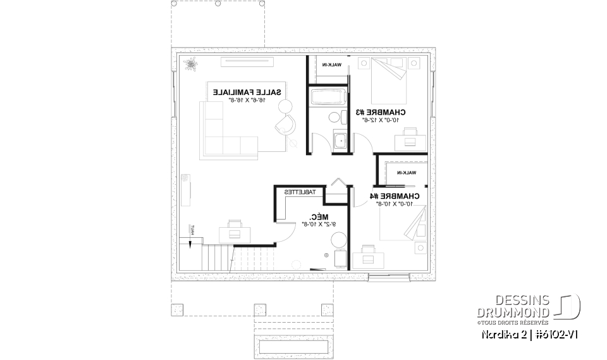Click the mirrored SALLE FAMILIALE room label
coord(248,92)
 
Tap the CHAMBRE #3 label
coord(380,112)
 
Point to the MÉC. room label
coord(310,216)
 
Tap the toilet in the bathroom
coord(334,119)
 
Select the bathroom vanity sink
coord(340,141)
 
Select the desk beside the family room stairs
coord(235,229)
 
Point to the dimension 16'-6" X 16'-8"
coord(248,100)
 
